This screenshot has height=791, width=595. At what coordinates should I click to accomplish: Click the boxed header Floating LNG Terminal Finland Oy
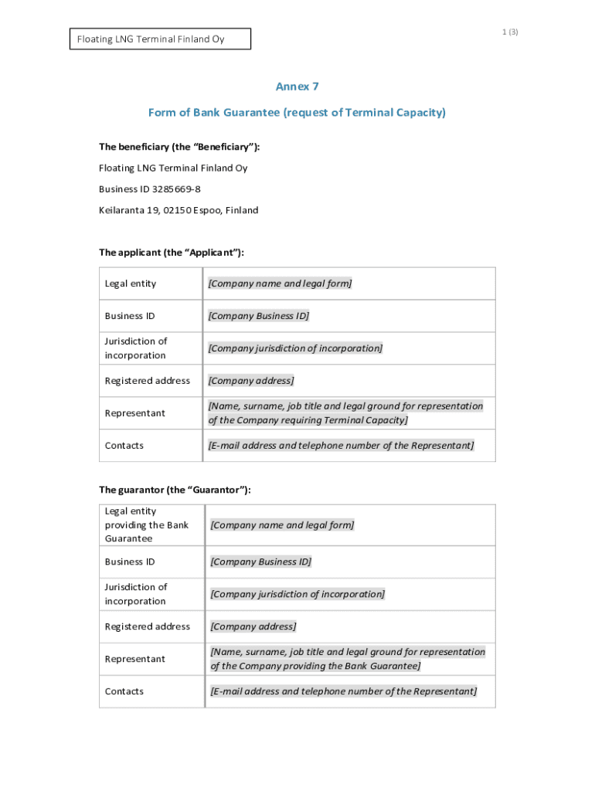[x=160, y=39]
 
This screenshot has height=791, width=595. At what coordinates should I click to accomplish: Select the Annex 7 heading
[x=297, y=87]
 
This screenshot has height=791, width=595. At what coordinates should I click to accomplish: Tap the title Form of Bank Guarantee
[x=297, y=113]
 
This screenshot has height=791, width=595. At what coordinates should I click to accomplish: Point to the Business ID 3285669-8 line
[x=150, y=189]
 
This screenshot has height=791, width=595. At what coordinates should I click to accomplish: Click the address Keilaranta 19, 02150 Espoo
[x=178, y=210]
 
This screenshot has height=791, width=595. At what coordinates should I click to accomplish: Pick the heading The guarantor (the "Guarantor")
[x=175, y=490]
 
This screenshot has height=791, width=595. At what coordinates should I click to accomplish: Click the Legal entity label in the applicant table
[x=131, y=283]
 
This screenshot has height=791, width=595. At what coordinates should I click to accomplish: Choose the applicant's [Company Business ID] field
[x=258, y=316]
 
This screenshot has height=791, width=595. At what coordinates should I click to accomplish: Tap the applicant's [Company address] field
[x=250, y=381]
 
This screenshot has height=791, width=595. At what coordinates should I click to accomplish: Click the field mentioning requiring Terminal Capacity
[x=345, y=413]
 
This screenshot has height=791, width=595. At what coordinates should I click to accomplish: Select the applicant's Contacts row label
[x=124, y=446]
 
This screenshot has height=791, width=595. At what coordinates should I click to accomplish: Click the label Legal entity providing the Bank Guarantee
[x=147, y=525]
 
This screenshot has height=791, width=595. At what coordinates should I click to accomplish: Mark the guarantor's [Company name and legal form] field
[x=282, y=525]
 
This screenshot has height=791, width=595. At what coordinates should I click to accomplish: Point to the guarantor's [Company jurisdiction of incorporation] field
[x=297, y=594]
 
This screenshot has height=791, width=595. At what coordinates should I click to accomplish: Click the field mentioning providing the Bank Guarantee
[x=348, y=659]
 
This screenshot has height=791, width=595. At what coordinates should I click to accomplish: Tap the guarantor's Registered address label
[x=148, y=626]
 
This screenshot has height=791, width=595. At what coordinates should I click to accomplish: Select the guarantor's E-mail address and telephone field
[x=343, y=691]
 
